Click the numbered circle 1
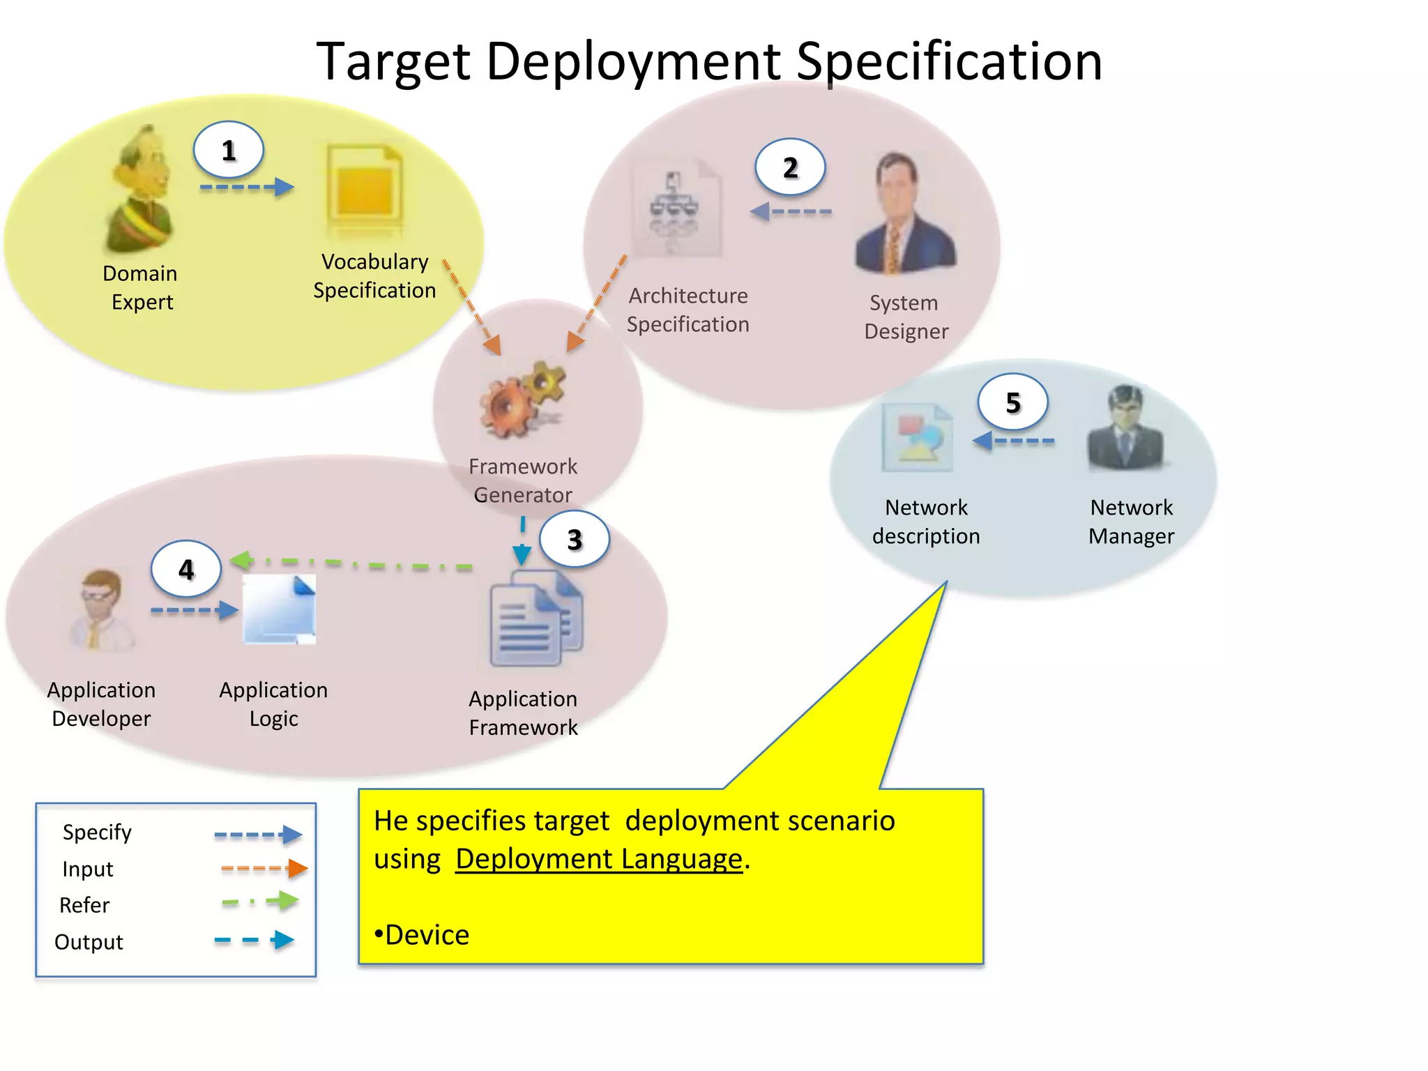point(228,151)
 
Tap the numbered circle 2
point(790,167)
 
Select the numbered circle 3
point(575,539)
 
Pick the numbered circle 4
point(186,570)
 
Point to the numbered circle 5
point(1012,402)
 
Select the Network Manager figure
point(1125,428)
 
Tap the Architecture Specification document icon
point(676,209)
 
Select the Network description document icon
point(918,438)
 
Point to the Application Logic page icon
point(279,609)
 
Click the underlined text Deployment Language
point(599,859)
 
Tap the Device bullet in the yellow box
point(423,935)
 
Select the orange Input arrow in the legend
point(264,868)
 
